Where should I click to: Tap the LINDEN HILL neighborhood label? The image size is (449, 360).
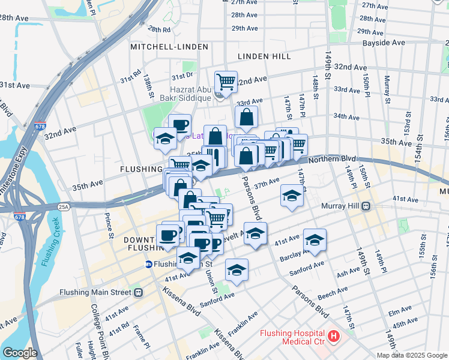[264, 56]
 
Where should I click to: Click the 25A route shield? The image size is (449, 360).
[64, 207]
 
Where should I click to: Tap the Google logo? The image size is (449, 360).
[20, 352]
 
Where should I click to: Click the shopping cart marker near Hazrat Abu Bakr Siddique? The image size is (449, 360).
[226, 81]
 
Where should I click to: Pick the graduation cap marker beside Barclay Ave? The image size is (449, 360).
[315, 240]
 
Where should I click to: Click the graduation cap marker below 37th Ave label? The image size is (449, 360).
[292, 196]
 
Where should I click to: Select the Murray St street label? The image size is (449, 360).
[387, 83]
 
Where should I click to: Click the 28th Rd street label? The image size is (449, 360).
[159, 29]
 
